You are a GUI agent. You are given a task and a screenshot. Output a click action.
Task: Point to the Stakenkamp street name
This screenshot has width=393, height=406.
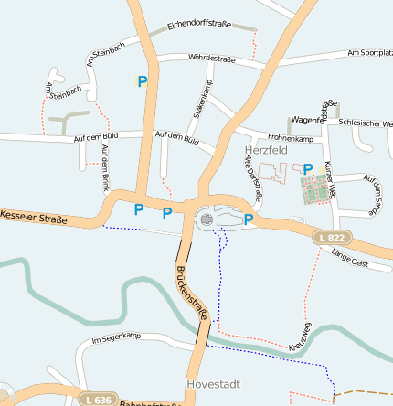click(x=202, y=99)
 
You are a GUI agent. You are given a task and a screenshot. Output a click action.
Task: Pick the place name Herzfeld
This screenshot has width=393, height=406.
click(x=266, y=149)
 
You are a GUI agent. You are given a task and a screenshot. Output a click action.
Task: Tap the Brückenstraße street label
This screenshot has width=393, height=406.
click(x=193, y=292)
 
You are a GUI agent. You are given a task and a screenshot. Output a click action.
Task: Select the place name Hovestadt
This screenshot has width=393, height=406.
click(x=212, y=384)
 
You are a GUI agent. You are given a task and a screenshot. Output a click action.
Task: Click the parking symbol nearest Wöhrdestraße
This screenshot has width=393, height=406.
click(x=142, y=81)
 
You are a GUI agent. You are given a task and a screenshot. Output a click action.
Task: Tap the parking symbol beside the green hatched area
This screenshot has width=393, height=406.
click(x=308, y=168)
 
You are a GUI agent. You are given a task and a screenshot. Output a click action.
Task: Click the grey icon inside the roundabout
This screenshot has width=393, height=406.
click(x=207, y=219)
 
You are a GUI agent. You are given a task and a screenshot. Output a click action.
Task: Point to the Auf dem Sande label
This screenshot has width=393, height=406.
click(x=371, y=195)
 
